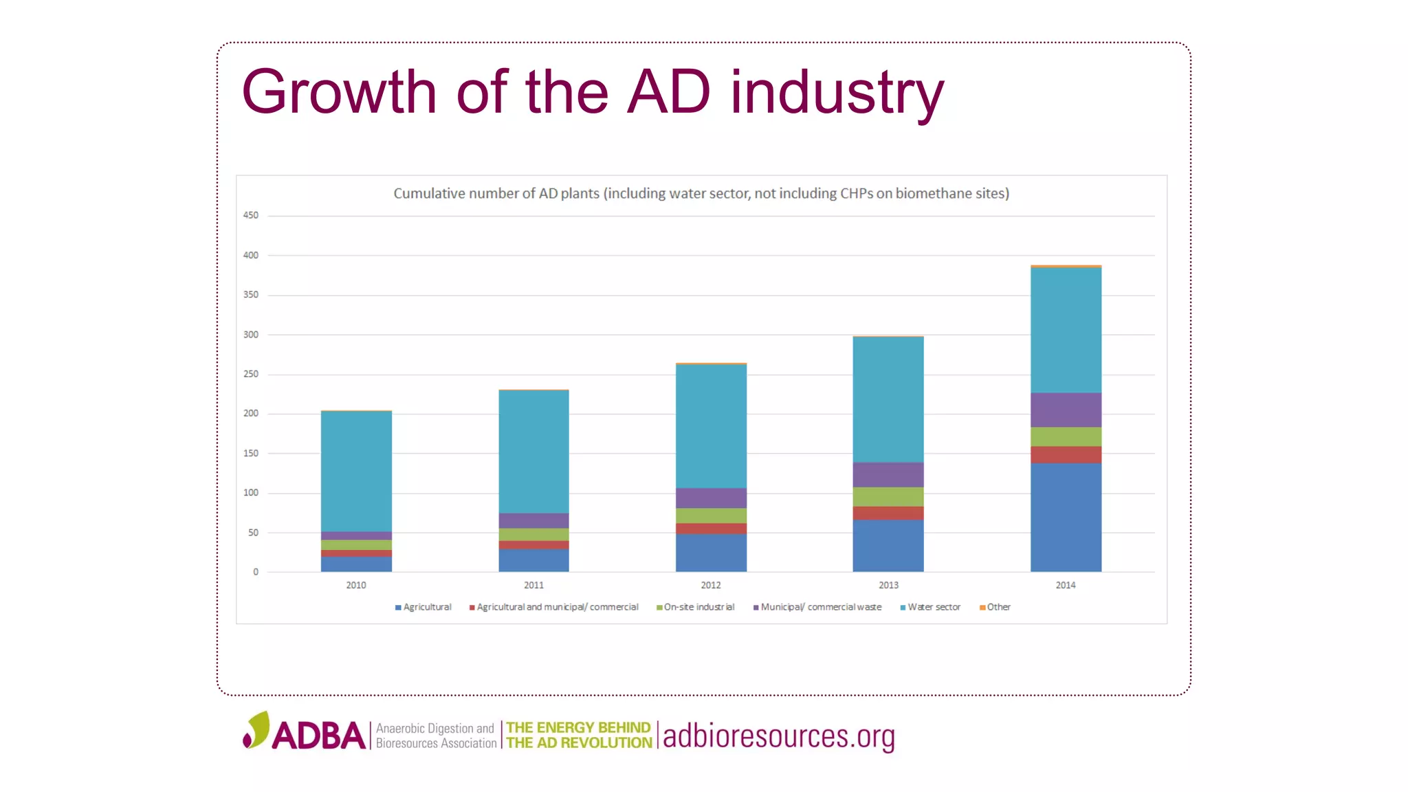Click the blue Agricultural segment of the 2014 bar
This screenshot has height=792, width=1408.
(x=1066, y=517)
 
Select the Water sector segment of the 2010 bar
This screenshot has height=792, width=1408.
(x=356, y=472)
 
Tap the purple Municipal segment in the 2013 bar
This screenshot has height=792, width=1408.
(x=888, y=474)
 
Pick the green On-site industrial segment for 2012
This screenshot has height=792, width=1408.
(x=711, y=516)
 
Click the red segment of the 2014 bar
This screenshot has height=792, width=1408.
(x=1066, y=454)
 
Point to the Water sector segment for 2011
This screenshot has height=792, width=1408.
(x=533, y=452)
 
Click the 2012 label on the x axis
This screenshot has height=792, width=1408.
(x=711, y=585)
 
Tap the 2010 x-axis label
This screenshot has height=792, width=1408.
(x=356, y=585)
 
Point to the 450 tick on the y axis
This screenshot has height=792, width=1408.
(x=250, y=215)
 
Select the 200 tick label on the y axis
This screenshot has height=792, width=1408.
(x=250, y=413)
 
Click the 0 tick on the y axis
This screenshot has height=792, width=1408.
(x=256, y=572)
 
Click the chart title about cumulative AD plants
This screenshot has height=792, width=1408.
(x=701, y=194)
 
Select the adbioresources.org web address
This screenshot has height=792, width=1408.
(x=779, y=736)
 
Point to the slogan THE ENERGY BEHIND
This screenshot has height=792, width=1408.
(x=578, y=727)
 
